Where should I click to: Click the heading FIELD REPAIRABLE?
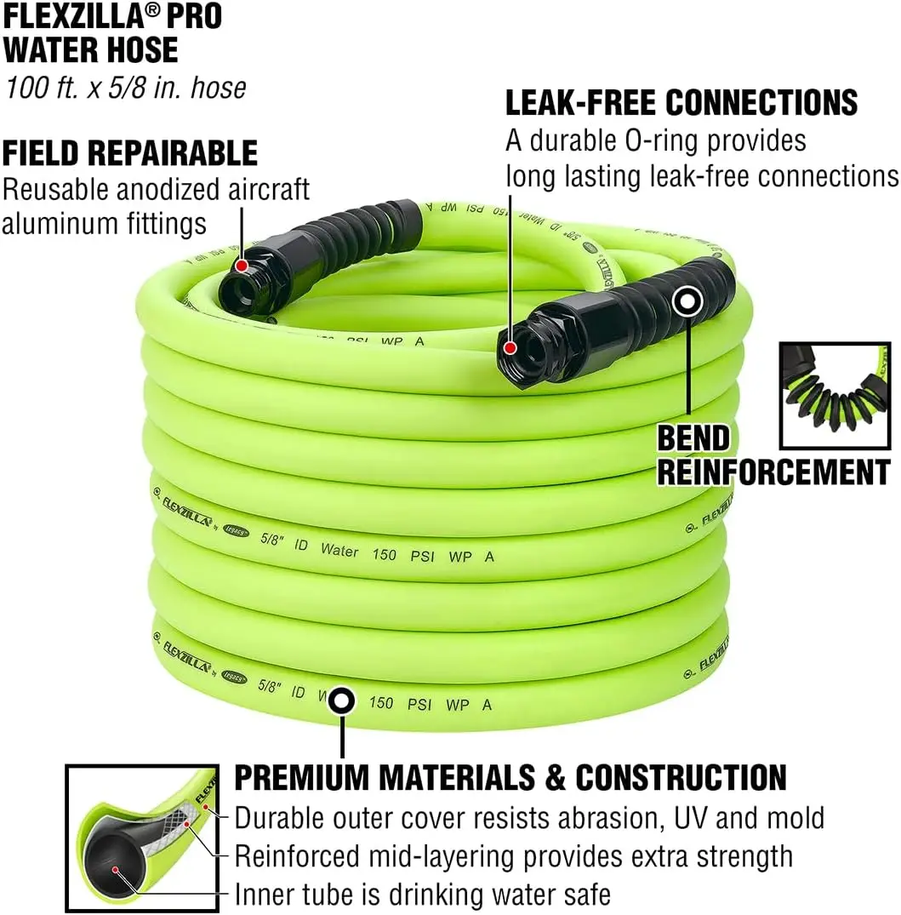[x=129, y=153]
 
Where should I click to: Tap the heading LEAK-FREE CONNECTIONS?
[x=681, y=103]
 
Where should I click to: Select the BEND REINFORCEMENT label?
[x=773, y=455]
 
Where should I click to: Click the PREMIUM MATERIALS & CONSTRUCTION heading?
[x=510, y=777]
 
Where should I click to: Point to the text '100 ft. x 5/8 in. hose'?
[x=125, y=88]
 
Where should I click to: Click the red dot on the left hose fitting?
[x=242, y=266]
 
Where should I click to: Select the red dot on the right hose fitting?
[x=510, y=347]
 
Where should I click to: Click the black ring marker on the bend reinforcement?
[x=687, y=301]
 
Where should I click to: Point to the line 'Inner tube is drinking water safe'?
[x=422, y=895]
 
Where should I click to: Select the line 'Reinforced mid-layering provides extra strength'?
[x=513, y=856]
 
